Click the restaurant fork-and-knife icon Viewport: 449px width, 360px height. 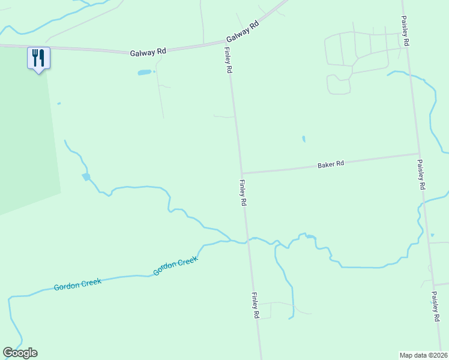point(38,58)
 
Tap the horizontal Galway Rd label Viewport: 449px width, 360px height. point(148,53)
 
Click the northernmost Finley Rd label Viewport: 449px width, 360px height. point(229,62)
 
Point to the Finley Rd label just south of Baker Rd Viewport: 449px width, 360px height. point(243,193)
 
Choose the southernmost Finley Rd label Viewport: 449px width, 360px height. point(255,305)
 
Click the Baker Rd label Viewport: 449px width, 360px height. point(331,164)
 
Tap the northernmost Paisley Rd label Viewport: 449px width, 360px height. point(405,32)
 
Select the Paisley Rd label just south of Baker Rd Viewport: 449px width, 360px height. point(421,175)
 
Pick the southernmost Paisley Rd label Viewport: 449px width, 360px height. point(435,307)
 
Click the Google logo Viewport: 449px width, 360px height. point(20,353)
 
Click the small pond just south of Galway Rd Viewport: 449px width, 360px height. point(145,73)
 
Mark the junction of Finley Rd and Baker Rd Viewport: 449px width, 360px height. point(241,173)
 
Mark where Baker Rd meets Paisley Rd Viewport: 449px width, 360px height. point(418,154)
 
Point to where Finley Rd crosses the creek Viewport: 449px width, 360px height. point(247,241)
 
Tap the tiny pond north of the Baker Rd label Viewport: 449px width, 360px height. point(303,139)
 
